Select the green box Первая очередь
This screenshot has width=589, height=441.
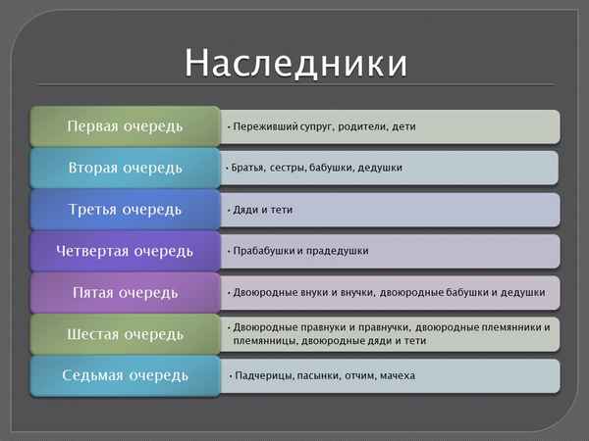tap(125, 126)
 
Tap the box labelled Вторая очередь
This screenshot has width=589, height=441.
tap(125, 168)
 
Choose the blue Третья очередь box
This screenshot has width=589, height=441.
tap(125, 210)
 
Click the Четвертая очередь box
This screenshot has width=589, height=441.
tap(125, 251)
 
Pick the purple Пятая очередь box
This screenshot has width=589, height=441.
tap(125, 292)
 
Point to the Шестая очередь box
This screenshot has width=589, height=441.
tap(125, 334)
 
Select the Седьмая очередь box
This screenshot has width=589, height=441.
tap(125, 375)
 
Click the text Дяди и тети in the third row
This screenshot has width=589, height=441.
tap(262, 210)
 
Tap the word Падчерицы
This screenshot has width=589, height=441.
tap(261, 375)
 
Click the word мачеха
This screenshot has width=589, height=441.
tap(396, 375)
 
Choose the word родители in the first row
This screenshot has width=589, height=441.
tap(361, 126)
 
